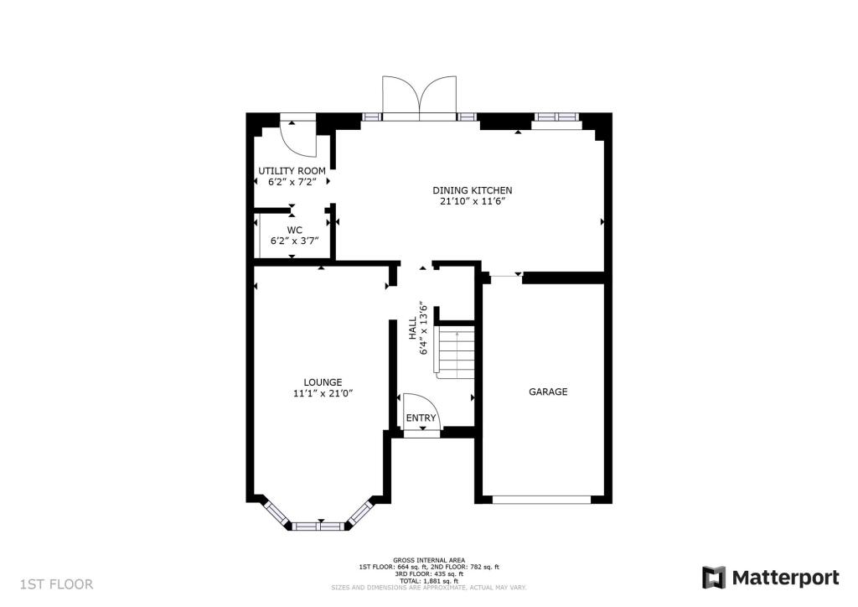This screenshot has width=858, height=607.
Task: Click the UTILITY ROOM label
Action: pos(292,171)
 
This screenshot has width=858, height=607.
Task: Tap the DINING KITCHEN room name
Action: pos(472,190)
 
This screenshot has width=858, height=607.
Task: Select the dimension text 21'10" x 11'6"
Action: pos(472,201)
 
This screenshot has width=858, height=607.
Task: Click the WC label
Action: pos(294,229)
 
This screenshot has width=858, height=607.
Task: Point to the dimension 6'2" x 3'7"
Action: pos(294,240)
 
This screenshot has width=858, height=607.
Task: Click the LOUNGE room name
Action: pos(323,382)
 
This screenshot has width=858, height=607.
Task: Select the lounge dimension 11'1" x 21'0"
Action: pos(323,393)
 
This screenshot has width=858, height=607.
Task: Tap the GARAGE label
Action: pos(547,392)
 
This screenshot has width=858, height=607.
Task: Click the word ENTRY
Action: pos(421,418)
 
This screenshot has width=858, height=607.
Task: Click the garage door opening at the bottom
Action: pos(541,500)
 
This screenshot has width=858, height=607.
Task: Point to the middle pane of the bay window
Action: pos(318,526)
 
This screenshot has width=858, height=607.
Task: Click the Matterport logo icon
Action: pos(714,578)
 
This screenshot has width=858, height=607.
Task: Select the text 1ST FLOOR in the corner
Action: pos(57,584)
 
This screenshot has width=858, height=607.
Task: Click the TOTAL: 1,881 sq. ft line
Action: pos(429,581)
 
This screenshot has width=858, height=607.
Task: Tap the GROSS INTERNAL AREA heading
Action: pos(429,560)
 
